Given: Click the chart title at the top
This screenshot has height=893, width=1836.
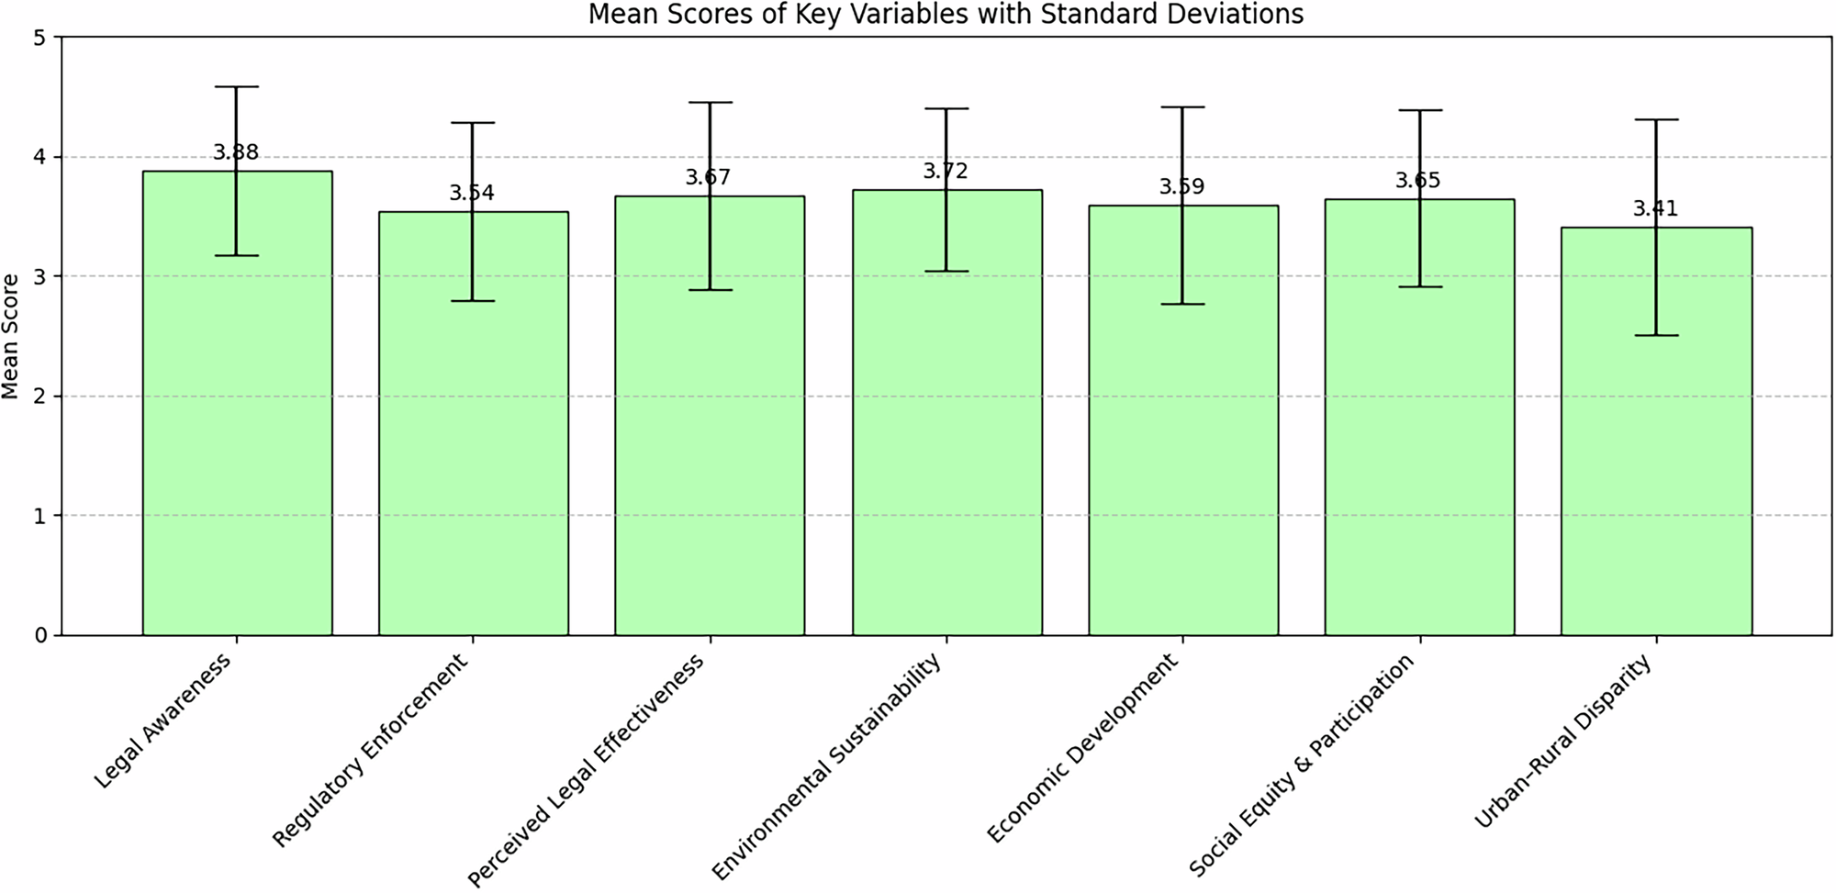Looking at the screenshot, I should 946,15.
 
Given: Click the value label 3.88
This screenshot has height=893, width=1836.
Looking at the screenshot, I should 237,152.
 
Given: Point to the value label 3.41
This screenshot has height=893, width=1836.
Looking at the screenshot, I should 1655,209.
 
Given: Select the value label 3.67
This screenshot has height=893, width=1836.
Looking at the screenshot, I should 709,177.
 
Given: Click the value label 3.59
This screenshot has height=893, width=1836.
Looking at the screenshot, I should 1181,187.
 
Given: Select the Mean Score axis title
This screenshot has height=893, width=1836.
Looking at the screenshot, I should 11,336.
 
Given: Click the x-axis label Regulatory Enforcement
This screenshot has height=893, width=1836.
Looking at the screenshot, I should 371,751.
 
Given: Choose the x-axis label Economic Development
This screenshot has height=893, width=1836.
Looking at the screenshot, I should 1083,749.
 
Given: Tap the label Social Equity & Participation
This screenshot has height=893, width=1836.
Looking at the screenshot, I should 1302,765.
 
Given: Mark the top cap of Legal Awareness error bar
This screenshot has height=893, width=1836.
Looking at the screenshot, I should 237,86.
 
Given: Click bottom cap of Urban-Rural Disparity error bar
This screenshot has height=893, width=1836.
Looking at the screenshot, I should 1656,335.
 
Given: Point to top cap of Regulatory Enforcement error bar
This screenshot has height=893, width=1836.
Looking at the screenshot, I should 473,122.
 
